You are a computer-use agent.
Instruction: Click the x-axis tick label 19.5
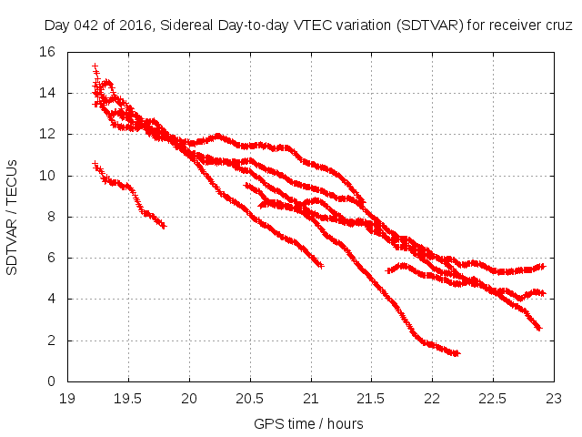point(128,398)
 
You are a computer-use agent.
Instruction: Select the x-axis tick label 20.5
point(250,398)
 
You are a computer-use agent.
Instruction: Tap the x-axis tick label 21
point(311,398)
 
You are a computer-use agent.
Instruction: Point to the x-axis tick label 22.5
point(493,398)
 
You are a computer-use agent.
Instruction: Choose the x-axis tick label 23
point(554,398)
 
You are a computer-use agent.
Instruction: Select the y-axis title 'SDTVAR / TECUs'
point(13,217)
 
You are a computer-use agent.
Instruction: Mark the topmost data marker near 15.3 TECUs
point(95,66)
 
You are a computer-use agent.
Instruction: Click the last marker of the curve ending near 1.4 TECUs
point(457,353)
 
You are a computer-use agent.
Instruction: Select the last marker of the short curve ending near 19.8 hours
point(164,226)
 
